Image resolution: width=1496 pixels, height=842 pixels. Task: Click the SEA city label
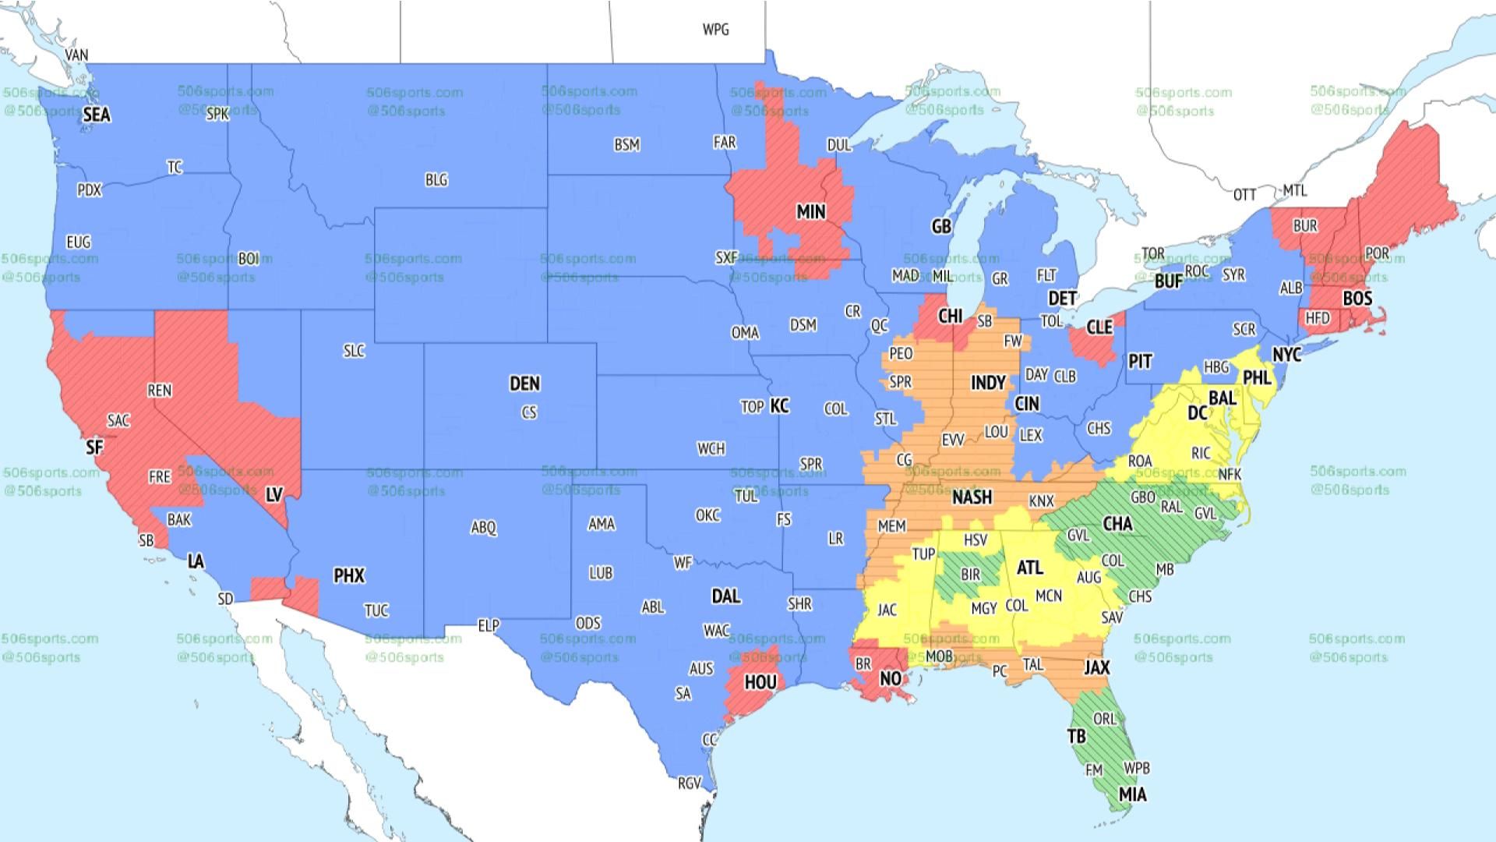(x=97, y=115)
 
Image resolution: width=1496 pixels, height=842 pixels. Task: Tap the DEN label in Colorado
(x=524, y=384)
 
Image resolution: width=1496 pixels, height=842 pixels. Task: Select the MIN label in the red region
(x=810, y=212)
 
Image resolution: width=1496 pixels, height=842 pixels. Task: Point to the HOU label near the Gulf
(x=760, y=683)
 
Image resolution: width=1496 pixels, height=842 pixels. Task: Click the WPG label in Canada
(x=715, y=30)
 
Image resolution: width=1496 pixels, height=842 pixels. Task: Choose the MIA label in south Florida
(x=1132, y=794)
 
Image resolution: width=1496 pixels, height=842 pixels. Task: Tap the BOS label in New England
(x=1357, y=299)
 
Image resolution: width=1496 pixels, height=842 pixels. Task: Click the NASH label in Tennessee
(x=972, y=497)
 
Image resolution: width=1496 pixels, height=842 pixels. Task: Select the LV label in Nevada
(x=273, y=495)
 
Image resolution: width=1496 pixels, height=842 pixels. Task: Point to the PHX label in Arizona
(x=348, y=575)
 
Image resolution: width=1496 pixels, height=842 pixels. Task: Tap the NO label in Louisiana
(x=890, y=678)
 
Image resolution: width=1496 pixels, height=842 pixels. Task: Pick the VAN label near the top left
(x=76, y=55)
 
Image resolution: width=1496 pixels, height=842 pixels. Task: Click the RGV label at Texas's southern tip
(x=689, y=783)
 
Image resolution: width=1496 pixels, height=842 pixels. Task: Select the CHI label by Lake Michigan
(x=950, y=317)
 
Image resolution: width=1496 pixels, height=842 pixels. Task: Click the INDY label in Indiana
(x=987, y=383)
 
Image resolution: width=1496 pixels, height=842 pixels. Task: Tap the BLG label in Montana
(x=436, y=180)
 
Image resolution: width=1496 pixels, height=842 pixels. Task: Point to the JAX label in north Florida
(x=1096, y=667)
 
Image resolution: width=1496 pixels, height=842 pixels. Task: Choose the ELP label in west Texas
(x=488, y=625)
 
